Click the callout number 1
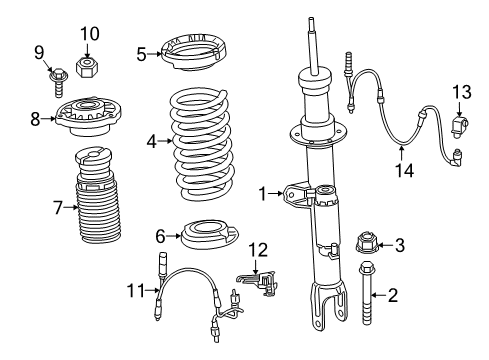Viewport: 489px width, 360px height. pyautogui.click(x=263, y=194)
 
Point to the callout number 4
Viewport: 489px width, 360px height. pyautogui.click(x=151, y=141)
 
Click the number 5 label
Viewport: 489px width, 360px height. pyautogui.click(x=141, y=54)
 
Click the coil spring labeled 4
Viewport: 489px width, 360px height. pyautogui.click(x=203, y=140)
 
